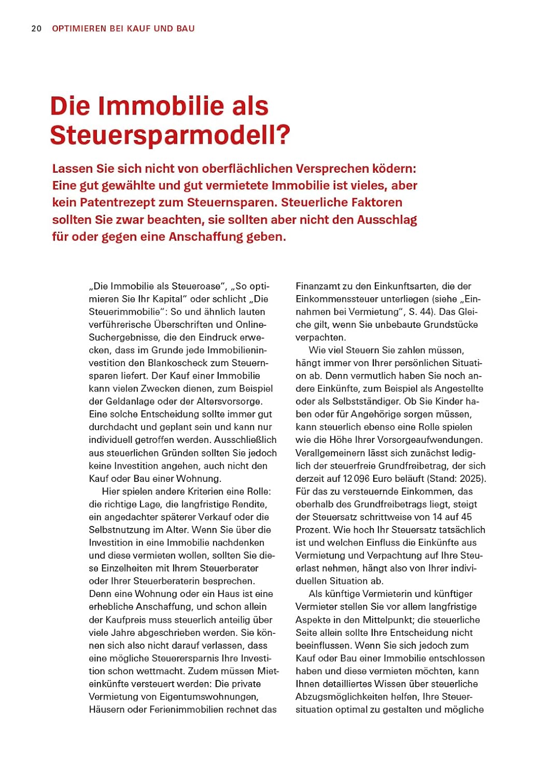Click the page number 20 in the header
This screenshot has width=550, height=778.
(x=36, y=29)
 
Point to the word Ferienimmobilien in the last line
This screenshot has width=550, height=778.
(x=184, y=709)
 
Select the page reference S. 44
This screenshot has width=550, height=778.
(x=421, y=312)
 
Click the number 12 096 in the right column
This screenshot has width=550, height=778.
(x=356, y=478)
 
